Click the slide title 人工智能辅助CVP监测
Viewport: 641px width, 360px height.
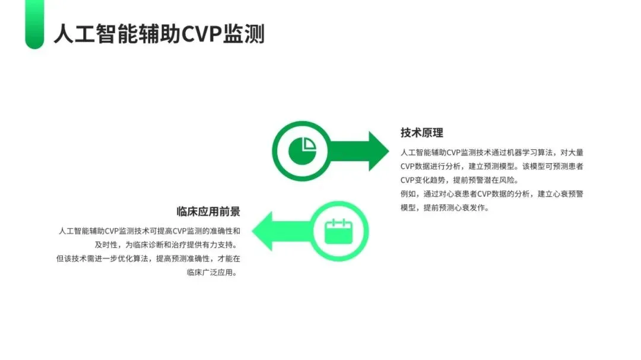[x=158, y=34]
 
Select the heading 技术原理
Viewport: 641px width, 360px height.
[x=422, y=132]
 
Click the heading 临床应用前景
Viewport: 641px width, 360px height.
[x=208, y=212]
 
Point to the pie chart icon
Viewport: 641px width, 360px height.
[x=302, y=151]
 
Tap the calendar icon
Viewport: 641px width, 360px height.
[x=339, y=231]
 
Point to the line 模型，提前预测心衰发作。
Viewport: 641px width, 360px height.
[x=445, y=208]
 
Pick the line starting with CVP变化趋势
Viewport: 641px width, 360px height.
[x=459, y=180]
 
